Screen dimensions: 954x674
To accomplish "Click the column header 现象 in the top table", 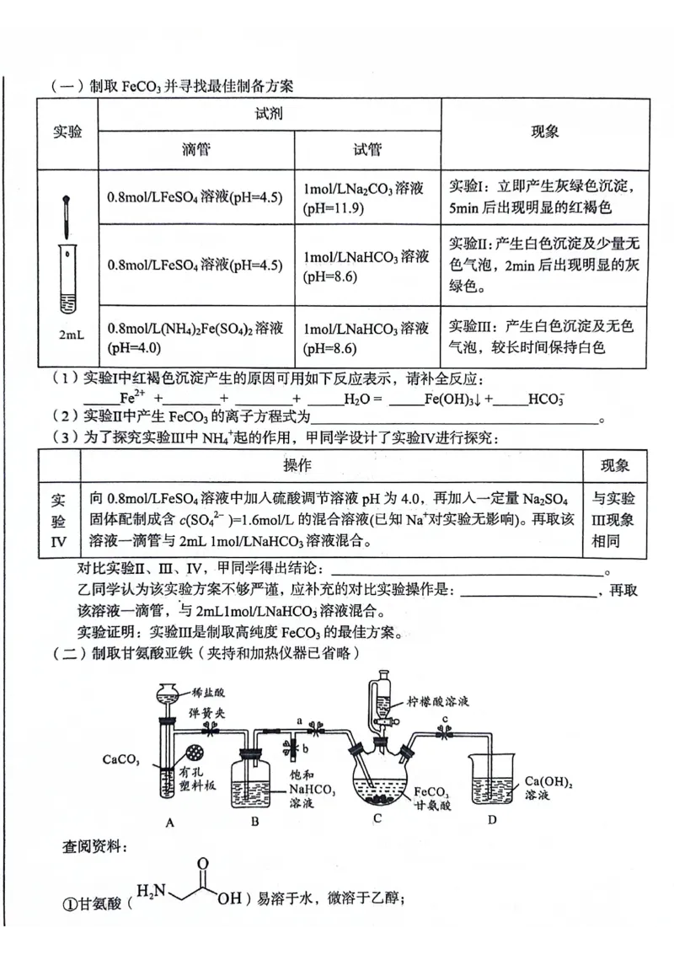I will click(545, 132).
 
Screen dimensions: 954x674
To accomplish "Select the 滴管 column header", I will click(195, 150).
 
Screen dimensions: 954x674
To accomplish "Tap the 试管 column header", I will click(367, 150).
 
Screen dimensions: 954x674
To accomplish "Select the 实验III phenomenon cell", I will click(545, 336).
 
